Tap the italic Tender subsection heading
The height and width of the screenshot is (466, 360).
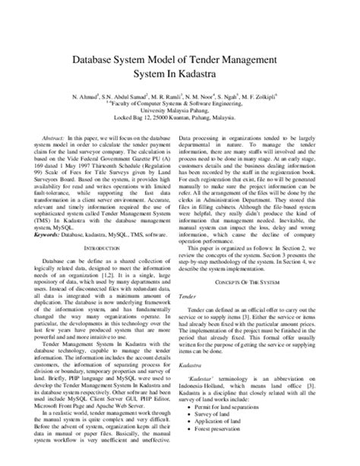tap(199, 298)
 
